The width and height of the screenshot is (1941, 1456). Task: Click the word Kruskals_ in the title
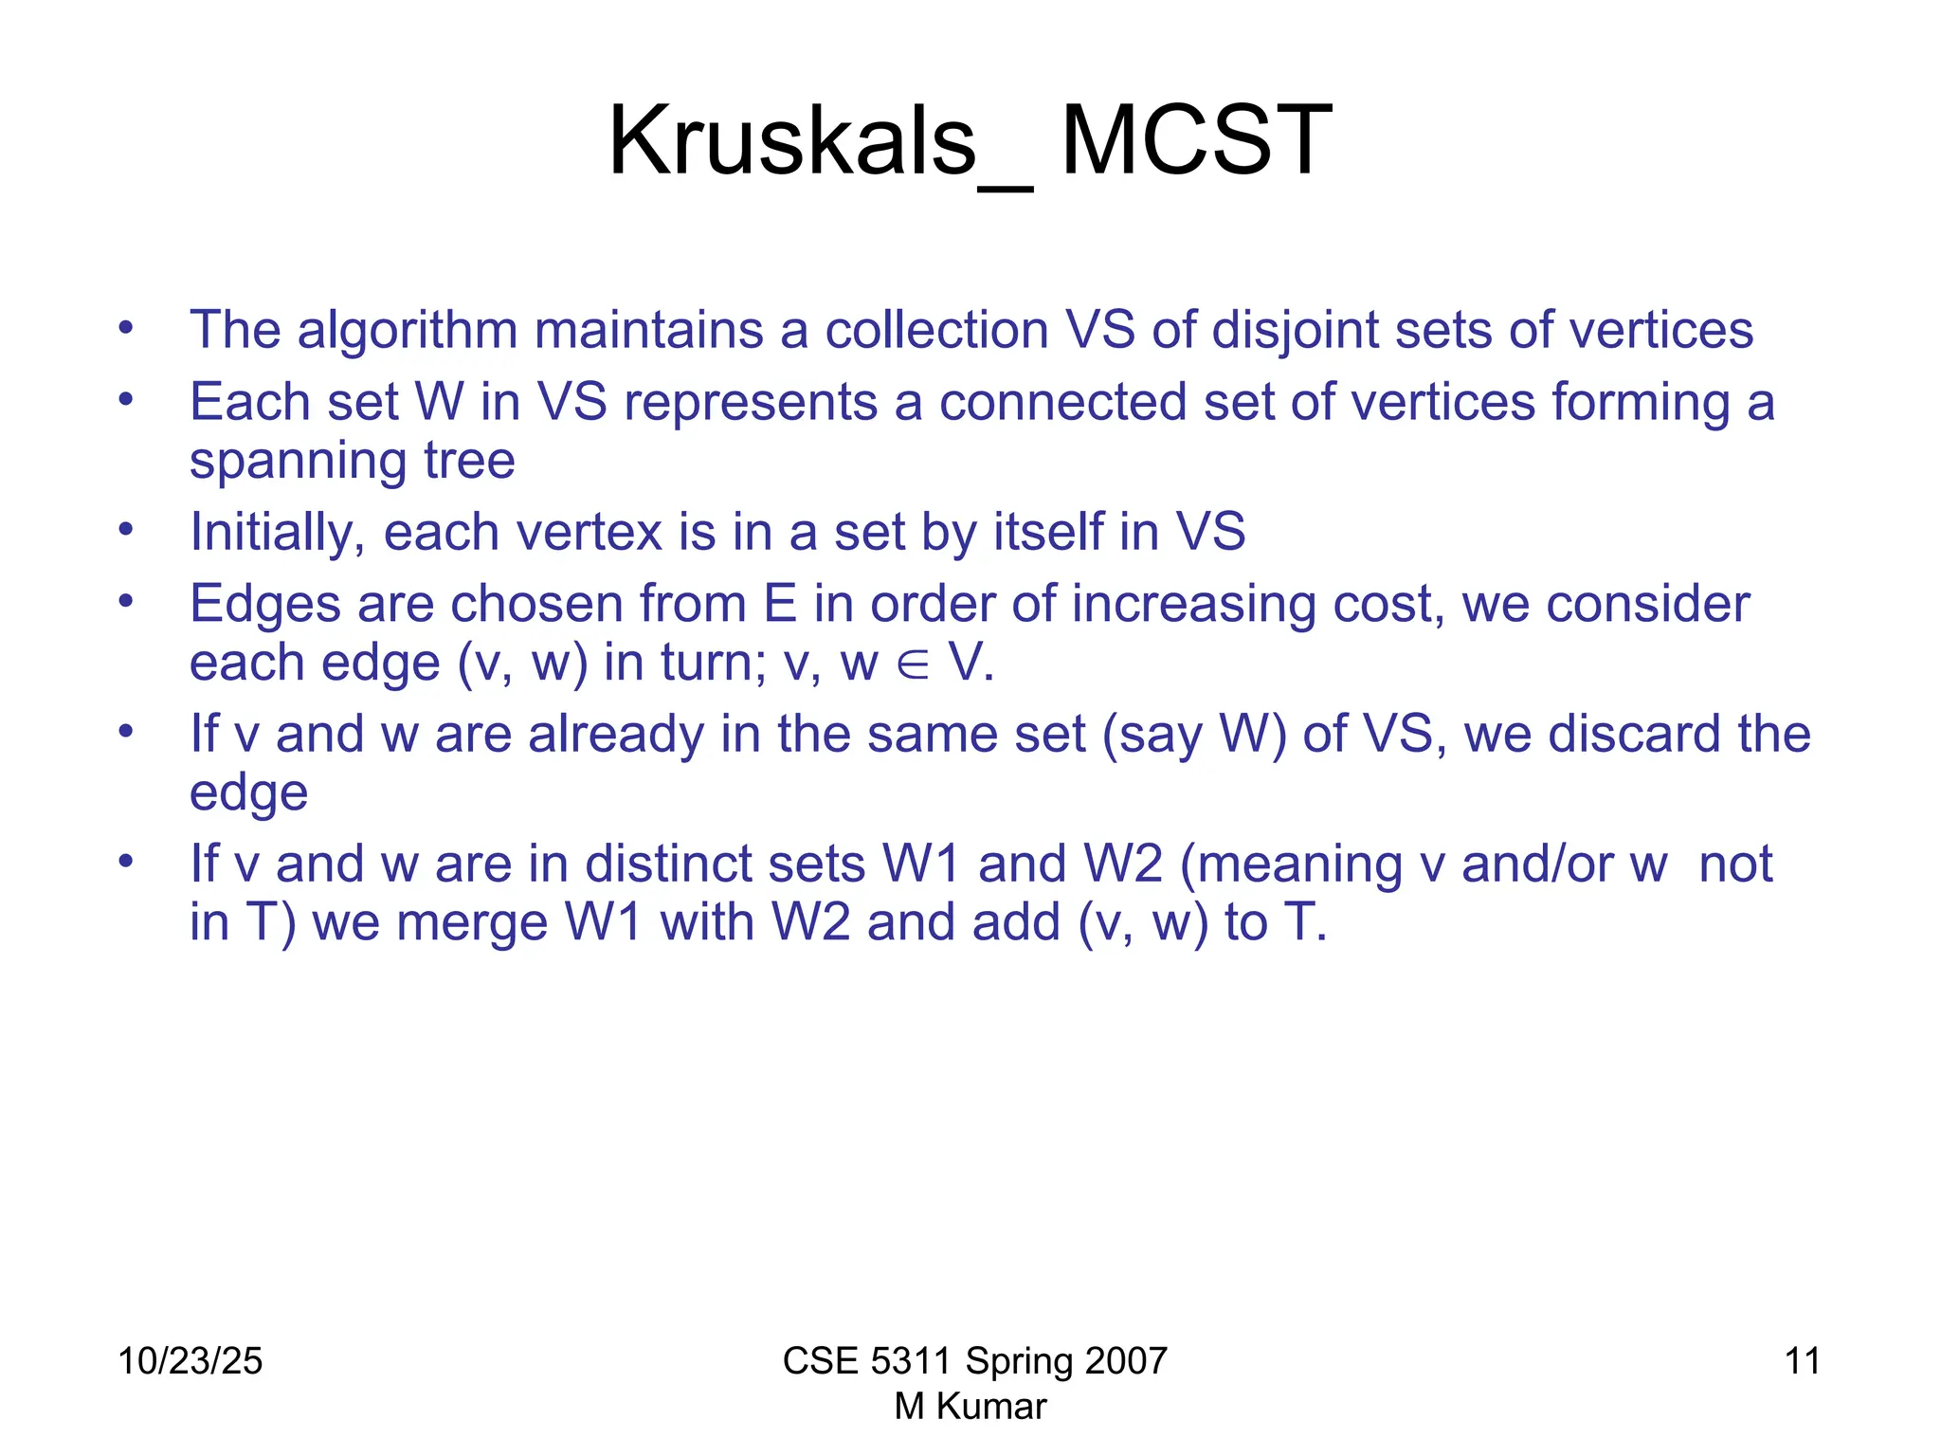coord(820,142)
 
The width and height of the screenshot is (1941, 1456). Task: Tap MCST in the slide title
coord(1196,142)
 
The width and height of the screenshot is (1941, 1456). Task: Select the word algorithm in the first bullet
coord(408,330)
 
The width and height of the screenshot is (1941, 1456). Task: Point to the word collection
coord(936,330)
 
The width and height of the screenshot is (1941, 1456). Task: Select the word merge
coord(471,922)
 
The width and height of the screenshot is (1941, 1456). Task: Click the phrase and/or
coord(1536,864)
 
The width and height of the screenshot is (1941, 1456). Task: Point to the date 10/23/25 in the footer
coord(190,1361)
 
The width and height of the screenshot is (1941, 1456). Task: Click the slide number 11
coord(1802,1361)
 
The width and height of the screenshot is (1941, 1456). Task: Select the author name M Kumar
coord(970,1407)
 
